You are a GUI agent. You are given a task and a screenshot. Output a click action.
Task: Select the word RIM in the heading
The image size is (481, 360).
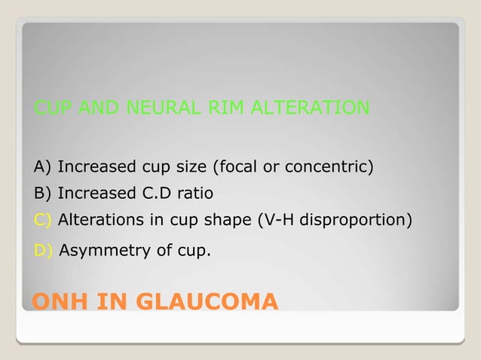[226, 108]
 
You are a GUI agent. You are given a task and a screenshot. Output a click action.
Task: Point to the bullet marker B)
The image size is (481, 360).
[44, 194]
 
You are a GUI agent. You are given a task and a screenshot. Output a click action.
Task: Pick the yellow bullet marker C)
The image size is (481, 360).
[44, 221]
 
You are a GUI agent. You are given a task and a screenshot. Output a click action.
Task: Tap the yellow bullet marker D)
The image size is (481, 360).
[44, 250]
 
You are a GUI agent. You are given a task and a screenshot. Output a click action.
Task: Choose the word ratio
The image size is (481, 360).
[196, 194]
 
